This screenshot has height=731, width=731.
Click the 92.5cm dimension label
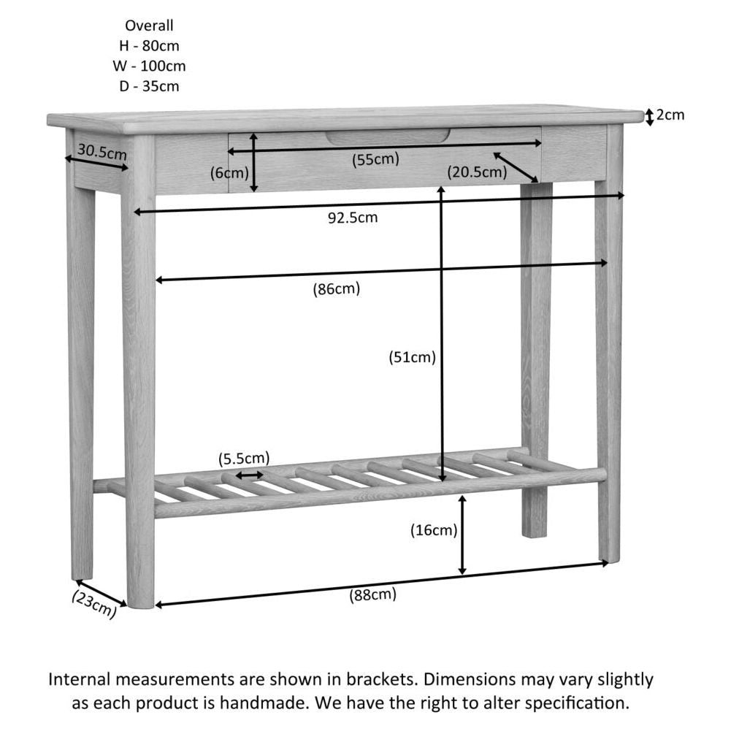[352, 217]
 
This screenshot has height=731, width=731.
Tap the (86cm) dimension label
[337, 288]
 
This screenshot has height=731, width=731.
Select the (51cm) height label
[412, 357]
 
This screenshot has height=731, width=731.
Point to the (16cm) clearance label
[434, 530]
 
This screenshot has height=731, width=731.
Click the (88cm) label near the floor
[372, 594]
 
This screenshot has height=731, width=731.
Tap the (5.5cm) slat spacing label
[244, 459]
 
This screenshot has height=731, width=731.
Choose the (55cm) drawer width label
[375, 159]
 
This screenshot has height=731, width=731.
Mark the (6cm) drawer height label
[230, 173]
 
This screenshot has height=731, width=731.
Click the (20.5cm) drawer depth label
[477, 172]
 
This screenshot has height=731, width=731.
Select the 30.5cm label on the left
[102, 153]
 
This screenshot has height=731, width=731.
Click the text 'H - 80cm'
[149, 45]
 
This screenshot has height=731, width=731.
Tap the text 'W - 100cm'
[149, 66]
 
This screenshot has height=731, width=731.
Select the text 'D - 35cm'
[149, 86]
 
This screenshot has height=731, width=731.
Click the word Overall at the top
[149, 26]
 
